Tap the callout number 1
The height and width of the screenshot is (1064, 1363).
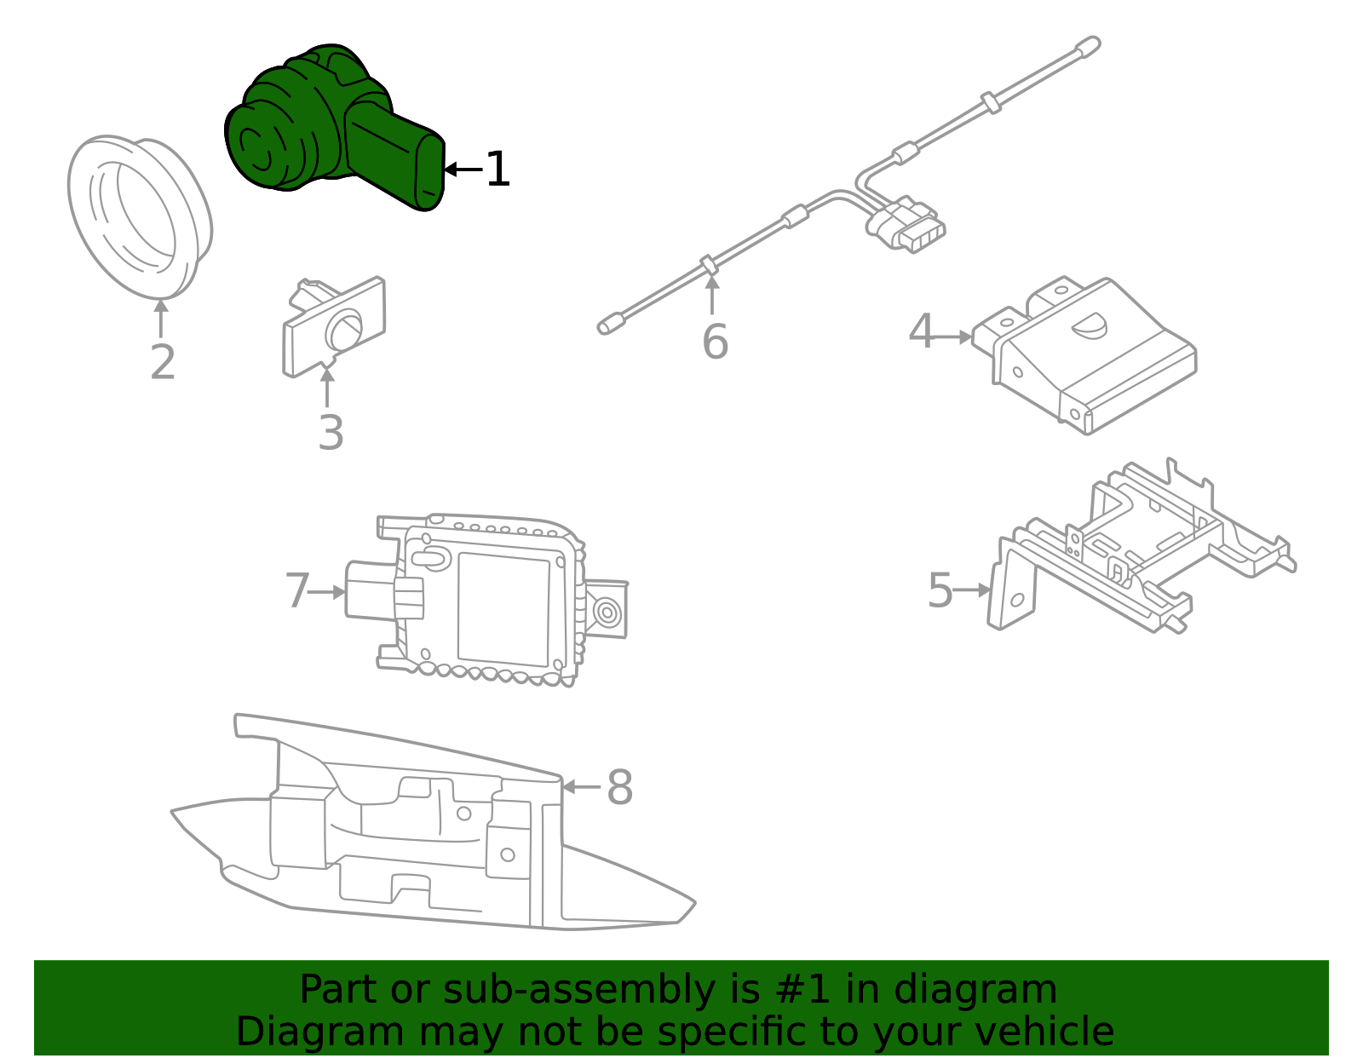tap(497, 170)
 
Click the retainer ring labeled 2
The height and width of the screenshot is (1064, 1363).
tap(140, 216)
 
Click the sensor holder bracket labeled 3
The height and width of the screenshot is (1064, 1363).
tap(335, 328)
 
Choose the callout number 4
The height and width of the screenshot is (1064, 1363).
tap(921, 331)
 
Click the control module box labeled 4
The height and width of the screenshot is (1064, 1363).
tap(1099, 358)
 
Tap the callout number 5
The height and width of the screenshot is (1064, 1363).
tap(940, 590)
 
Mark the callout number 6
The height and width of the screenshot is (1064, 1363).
tap(715, 342)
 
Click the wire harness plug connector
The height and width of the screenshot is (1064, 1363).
tap(907, 226)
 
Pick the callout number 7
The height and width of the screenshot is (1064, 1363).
tap(297, 590)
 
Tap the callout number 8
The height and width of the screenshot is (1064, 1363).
tap(619, 787)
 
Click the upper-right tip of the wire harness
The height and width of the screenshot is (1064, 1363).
tap(1090, 44)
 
